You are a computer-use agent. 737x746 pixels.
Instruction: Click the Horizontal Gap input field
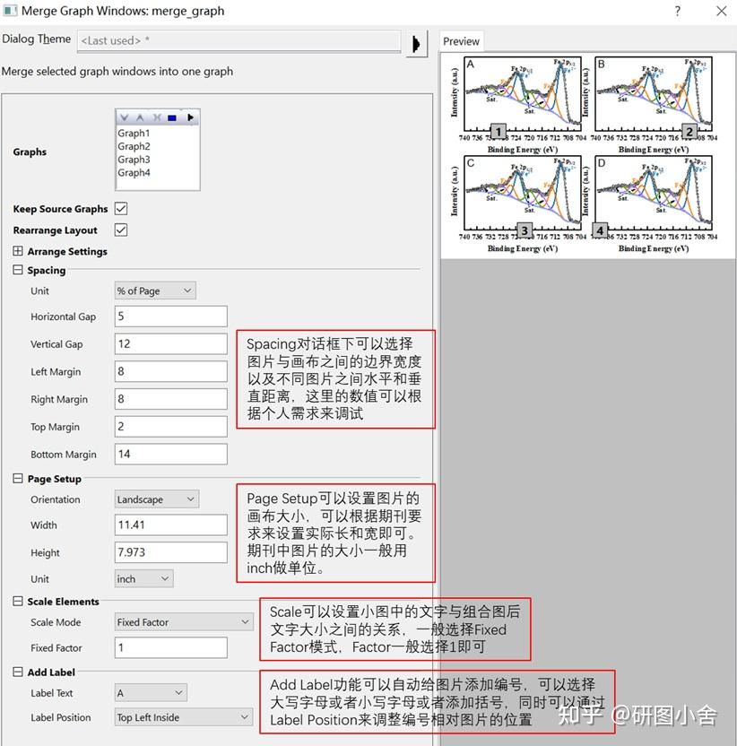click(170, 317)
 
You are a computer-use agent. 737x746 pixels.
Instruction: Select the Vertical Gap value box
click(170, 343)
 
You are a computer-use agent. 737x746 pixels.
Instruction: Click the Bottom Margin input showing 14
click(170, 454)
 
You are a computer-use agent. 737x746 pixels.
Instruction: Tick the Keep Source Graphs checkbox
click(121, 209)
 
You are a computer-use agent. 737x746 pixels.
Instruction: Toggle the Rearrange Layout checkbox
click(121, 230)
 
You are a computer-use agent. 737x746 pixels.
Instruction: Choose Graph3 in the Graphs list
click(134, 160)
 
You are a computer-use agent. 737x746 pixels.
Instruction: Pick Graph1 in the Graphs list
click(134, 134)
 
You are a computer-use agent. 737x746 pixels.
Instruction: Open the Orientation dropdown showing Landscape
click(156, 499)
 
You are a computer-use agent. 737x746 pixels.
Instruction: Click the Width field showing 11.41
click(170, 525)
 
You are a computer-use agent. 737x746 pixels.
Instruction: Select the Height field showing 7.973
click(170, 552)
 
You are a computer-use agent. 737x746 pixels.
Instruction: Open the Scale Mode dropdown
click(184, 622)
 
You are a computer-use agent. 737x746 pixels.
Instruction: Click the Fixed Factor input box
click(170, 647)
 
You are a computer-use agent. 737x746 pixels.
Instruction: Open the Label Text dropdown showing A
click(150, 693)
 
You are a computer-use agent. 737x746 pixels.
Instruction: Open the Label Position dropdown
click(184, 717)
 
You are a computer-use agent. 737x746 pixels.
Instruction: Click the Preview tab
click(461, 41)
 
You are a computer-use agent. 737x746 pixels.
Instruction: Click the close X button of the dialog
click(721, 12)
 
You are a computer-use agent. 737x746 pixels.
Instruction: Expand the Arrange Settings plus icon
click(19, 252)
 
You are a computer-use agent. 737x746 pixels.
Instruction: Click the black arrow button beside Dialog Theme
click(416, 42)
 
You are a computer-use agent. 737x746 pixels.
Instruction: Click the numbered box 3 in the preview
click(525, 230)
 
